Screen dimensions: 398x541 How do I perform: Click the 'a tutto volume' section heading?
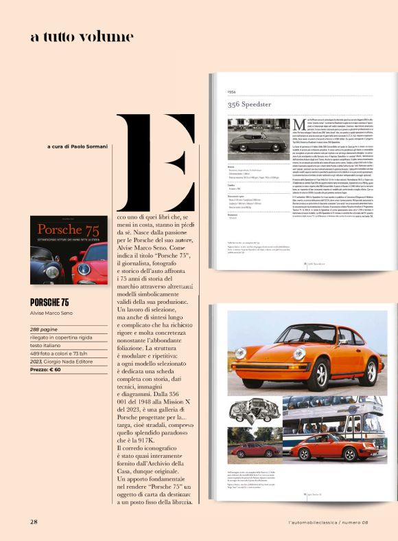click(82, 36)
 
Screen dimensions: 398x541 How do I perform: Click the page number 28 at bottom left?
click(33, 522)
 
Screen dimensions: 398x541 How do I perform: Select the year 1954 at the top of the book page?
click(232, 91)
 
